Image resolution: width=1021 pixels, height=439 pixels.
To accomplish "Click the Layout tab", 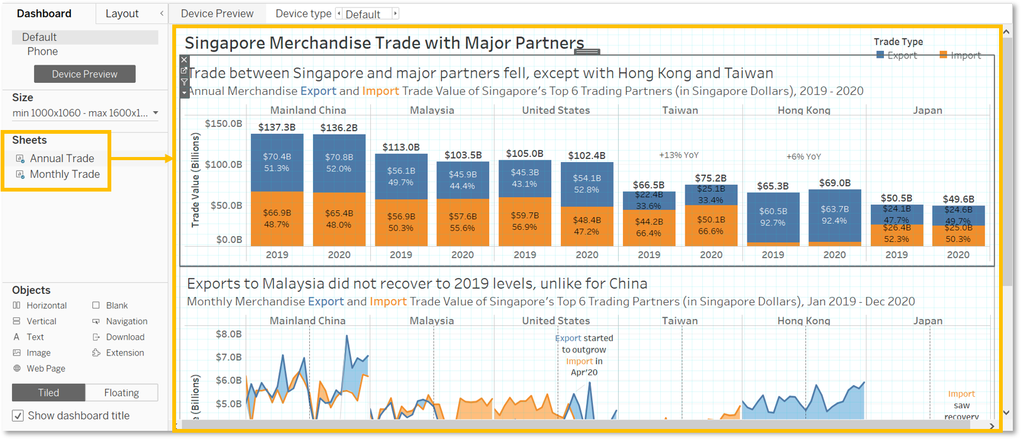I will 122,13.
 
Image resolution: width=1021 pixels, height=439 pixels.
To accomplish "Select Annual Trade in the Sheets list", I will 62,158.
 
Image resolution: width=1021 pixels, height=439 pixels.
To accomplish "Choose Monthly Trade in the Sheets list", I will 64,174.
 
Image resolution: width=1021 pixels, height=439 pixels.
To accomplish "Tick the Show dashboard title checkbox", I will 18,416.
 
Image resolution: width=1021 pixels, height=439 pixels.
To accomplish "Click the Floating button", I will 121,393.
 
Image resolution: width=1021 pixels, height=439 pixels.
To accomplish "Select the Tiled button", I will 48,393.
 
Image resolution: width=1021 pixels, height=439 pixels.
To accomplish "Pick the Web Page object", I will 45,369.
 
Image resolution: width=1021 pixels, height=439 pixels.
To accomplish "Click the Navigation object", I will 126,321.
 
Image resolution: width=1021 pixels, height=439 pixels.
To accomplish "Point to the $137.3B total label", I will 277,127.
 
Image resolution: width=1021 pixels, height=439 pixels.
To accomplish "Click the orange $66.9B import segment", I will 277,219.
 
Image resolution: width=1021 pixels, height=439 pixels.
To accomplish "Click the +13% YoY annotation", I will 678,155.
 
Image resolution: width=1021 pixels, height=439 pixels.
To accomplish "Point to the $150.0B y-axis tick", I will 223,124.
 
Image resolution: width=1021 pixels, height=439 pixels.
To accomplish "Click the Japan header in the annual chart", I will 927,110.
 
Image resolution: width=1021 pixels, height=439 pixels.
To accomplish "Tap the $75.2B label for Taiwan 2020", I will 710,178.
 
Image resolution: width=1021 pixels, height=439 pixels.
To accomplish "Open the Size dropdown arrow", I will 155,113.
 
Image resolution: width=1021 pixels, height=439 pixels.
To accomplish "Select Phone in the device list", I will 42,51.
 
